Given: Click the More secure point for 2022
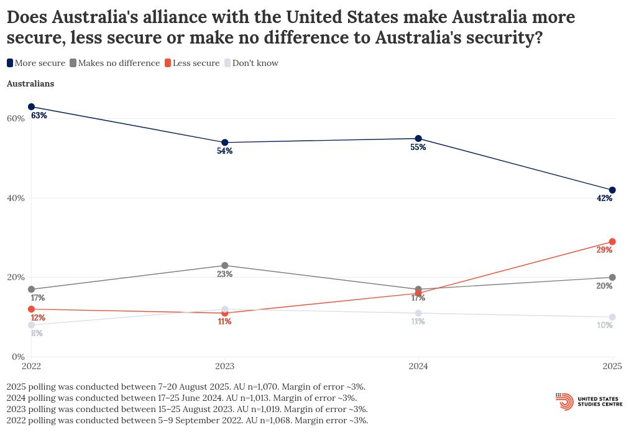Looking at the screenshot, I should tap(31, 107).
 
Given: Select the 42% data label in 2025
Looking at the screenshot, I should tap(605, 199).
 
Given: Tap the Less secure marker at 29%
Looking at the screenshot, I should tap(612, 242).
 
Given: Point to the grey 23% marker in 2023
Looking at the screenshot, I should tap(225, 266).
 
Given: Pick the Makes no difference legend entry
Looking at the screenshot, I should tap(114, 63).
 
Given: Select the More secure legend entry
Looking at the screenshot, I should tap(36, 63).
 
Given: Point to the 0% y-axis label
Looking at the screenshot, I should tap(18, 357).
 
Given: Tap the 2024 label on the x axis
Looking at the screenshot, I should tap(418, 367).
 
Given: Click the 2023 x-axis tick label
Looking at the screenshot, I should tap(225, 367).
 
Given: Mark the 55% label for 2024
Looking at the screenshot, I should tap(418, 148).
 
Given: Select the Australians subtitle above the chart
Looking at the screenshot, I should tap(30, 83).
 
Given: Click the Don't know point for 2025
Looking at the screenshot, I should tap(612, 317).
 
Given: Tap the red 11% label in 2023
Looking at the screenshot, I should tap(224, 322).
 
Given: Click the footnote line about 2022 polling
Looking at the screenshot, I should tap(187, 421).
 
